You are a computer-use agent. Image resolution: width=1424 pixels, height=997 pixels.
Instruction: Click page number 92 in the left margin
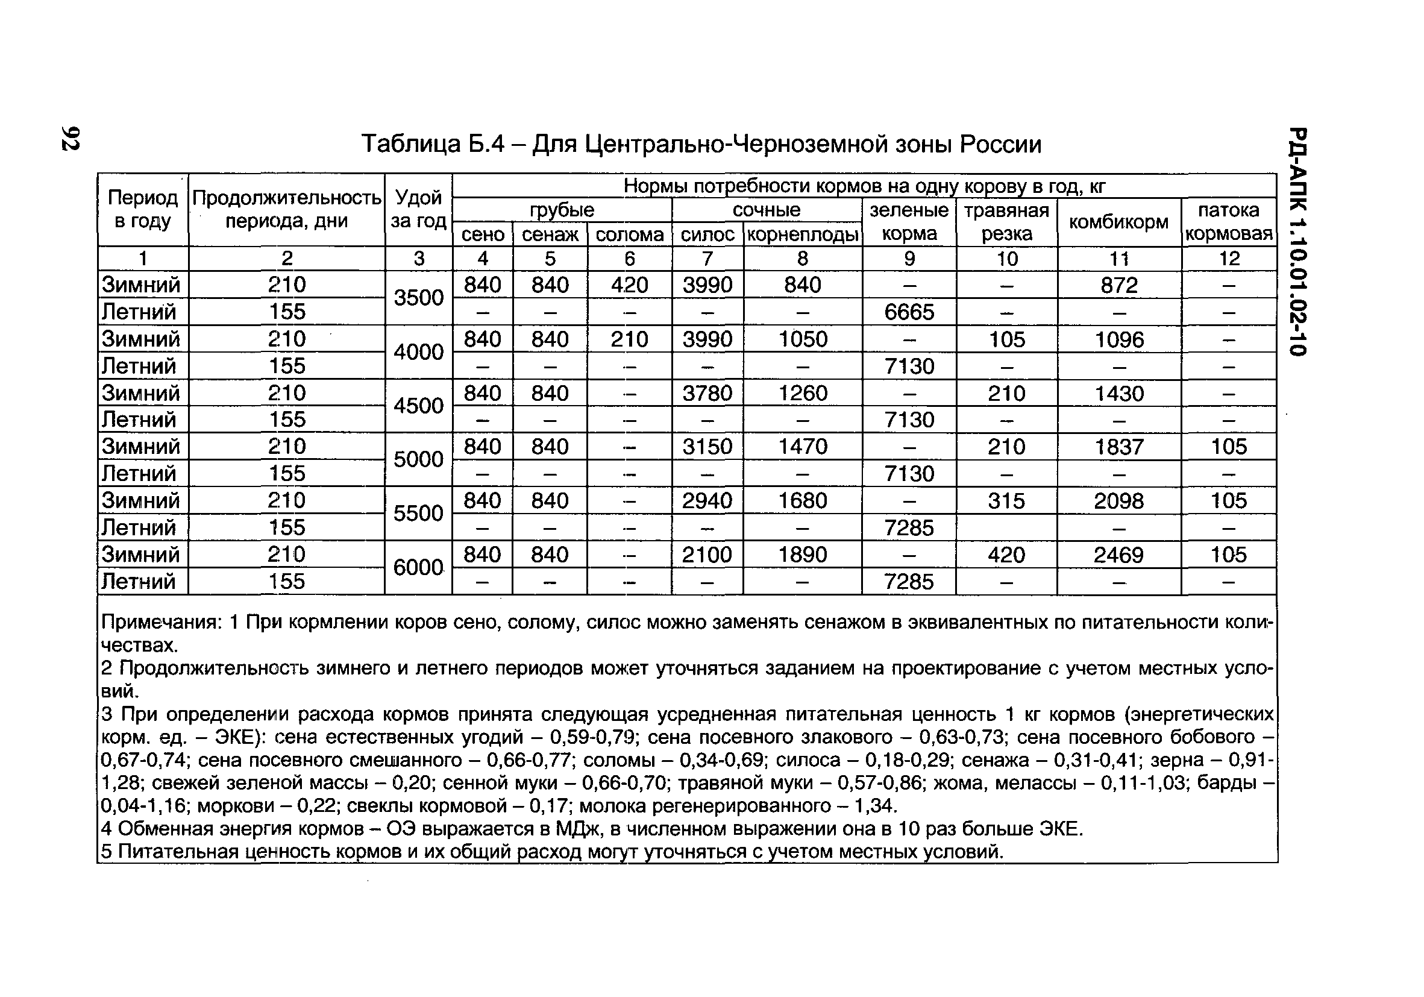coord(70,137)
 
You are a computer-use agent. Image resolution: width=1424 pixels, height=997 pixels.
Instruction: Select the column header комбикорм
coord(1118,222)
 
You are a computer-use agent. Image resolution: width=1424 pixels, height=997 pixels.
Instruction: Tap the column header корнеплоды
coord(803,234)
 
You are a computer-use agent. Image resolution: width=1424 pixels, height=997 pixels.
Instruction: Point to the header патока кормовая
coord(1228,222)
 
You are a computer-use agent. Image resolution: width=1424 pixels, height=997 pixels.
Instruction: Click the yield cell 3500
coord(419,298)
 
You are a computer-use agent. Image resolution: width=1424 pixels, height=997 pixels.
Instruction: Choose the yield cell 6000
coord(419,567)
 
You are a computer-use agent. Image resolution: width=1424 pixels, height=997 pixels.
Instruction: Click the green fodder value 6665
coord(909,312)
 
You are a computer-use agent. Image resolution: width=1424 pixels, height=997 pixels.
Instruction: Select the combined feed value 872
coord(1119,285)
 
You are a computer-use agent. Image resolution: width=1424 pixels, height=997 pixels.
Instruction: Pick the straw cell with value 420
coord(629,285)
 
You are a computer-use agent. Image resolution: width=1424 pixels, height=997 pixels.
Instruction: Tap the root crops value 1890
coord(803,554)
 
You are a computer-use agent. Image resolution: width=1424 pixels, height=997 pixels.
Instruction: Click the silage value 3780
coord(707,393)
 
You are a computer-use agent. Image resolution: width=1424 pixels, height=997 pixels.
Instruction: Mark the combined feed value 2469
coord(1118,554)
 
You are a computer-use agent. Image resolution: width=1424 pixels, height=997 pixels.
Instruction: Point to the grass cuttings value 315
coord(1006,501)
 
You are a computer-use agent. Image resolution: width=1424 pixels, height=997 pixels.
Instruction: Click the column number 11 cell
coord(1119,259)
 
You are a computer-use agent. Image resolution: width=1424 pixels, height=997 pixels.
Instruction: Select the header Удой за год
coord(419,210)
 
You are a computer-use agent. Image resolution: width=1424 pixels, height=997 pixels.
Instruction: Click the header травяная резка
coord(1006,222)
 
